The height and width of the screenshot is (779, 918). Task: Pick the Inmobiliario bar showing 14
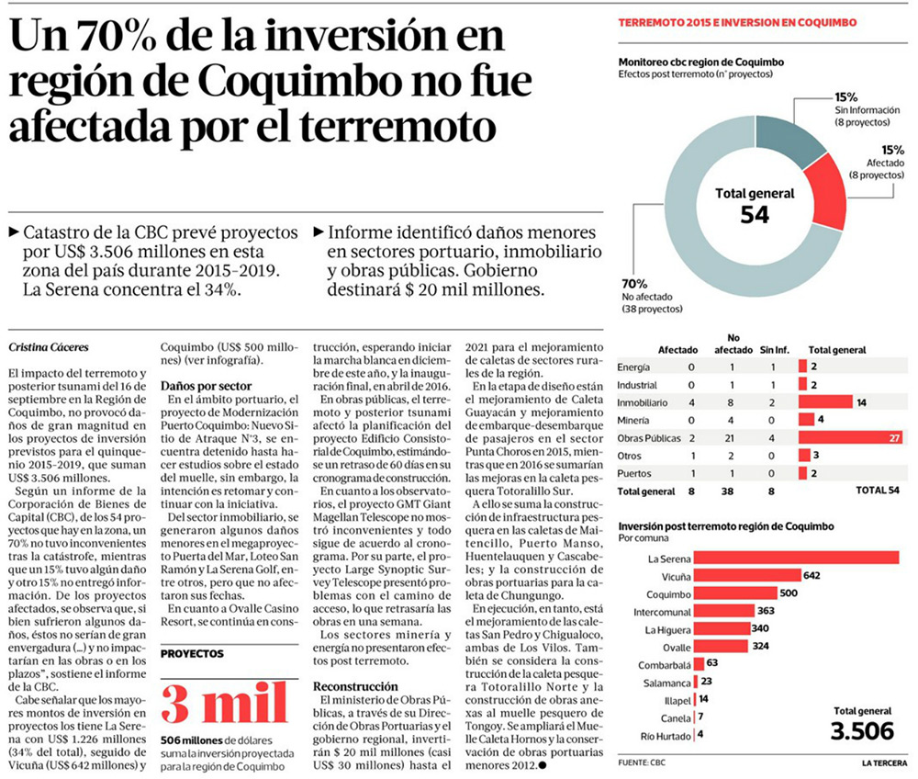point(825,401)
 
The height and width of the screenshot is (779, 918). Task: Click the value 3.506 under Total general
point(861,730)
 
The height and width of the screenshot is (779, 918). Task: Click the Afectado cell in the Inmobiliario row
point(690,401)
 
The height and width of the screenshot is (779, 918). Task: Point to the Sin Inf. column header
point(776,350)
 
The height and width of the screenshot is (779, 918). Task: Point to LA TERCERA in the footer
point(883,762)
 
